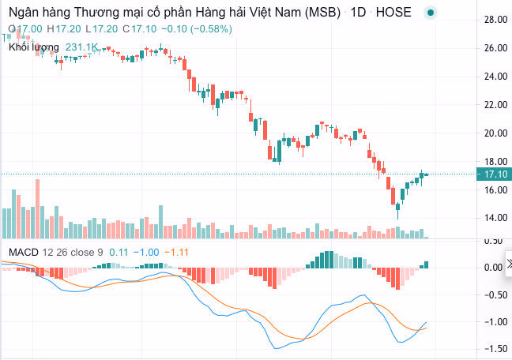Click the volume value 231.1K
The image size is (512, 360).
click(x=81, y=47)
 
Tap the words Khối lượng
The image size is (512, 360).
click(x=33, y=47)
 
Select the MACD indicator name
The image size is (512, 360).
click(x=24, y=252)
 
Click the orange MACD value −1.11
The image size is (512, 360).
click(x=180, y=252)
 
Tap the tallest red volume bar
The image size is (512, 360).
click(x=36, y=208)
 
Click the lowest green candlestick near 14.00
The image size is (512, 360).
click(x=398, y=209)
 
